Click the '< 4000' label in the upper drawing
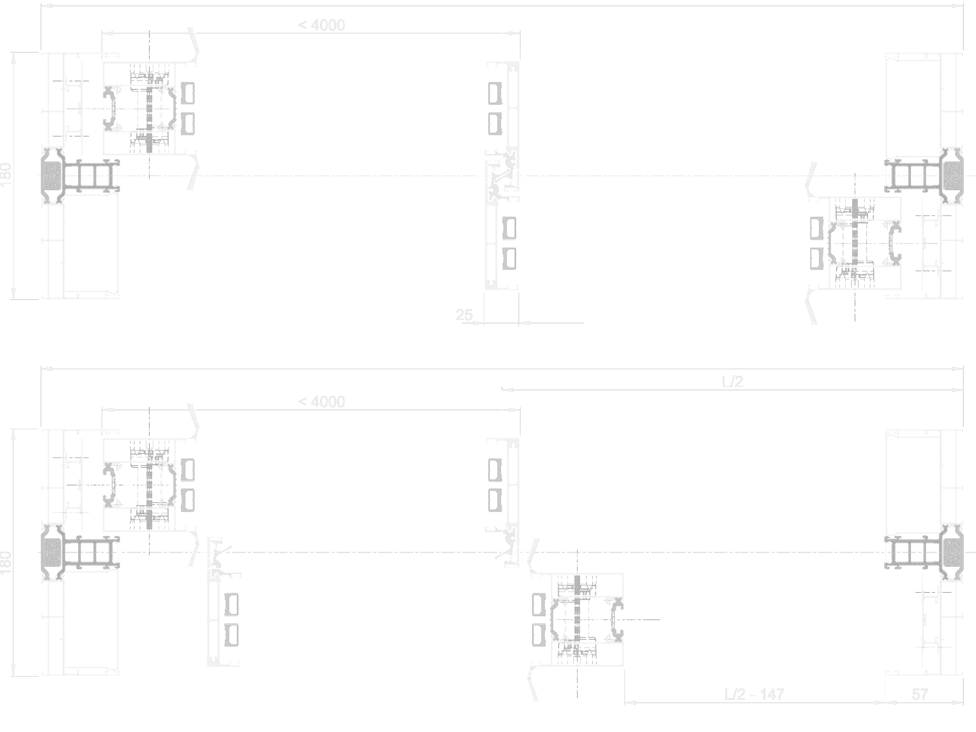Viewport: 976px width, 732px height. (321, 25)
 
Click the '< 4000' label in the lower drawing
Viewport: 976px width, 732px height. (321, 401)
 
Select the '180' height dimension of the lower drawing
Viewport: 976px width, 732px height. (7, 562)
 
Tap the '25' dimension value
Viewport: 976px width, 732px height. (464, 315)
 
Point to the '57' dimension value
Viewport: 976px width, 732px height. (919, 694)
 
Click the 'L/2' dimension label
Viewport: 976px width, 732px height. (733, 381)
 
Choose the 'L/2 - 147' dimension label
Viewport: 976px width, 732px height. (754, 694)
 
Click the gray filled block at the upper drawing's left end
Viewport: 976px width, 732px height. (51, 176)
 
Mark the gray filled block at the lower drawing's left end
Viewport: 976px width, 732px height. (51, 552)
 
